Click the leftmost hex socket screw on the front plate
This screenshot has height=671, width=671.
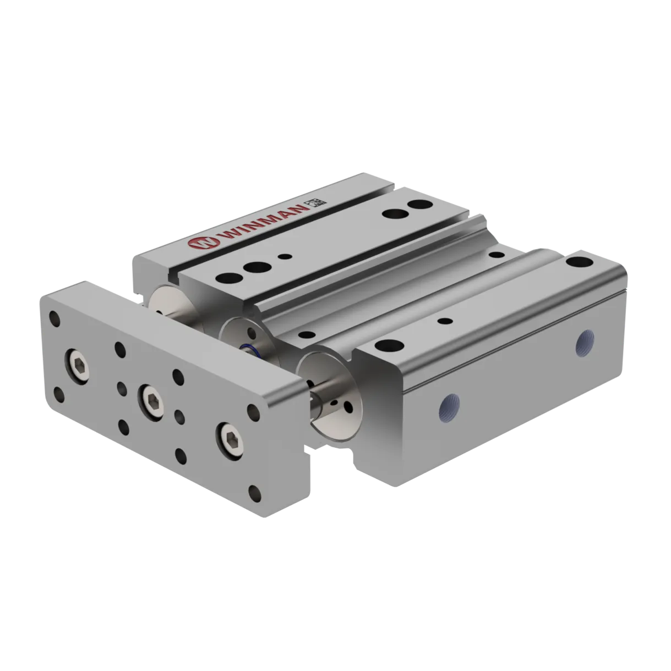point(78,366)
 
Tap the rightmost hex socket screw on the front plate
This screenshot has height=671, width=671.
point(231,441)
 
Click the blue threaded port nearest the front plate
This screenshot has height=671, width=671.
point(449,406)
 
